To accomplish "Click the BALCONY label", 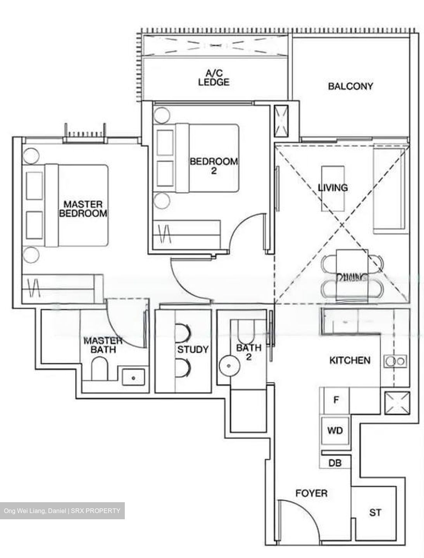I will [350, 86].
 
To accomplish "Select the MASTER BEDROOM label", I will [83, 208].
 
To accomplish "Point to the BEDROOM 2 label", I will [214, 165].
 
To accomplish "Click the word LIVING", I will [333, 188].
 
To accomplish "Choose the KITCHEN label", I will [350, 360].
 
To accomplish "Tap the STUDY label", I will [193, 350].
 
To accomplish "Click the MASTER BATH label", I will [103, 345].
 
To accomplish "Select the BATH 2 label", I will [248, 352].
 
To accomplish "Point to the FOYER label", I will [311, 493].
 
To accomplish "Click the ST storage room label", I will [375, 513].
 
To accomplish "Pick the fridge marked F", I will [336, 400].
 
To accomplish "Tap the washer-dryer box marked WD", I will [335, 430].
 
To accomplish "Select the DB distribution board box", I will [335, 463].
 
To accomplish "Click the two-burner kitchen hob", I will [395, 361].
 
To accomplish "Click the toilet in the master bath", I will [100, 369].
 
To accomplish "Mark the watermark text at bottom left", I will [62, 511].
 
